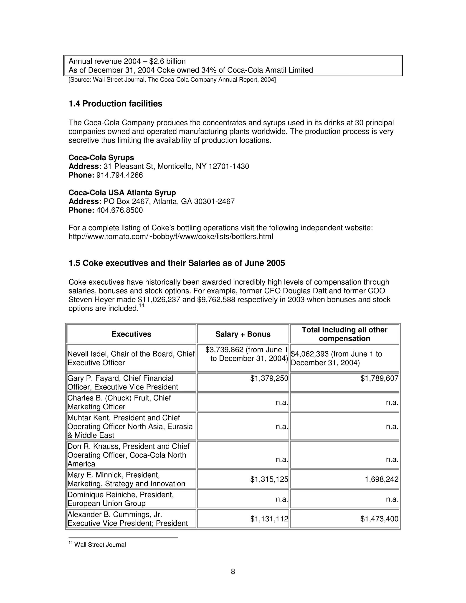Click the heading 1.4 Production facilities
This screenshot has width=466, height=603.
(115, 104)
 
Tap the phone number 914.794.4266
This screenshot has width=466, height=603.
(119, 175)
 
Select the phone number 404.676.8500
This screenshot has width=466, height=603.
(119, 210)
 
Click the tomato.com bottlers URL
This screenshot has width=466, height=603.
(171, 237)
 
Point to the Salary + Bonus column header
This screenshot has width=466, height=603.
(243, 334)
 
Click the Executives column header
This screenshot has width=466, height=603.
(132, 334)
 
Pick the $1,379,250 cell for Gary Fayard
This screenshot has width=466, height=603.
(269, 378)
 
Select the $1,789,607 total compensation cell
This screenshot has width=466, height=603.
(379, 378)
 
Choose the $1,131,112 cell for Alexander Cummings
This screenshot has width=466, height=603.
(269, 519)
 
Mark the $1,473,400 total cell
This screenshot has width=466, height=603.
(379, 519)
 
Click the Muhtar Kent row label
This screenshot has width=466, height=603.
(130, 427)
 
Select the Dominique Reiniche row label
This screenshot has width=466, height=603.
(121, 499)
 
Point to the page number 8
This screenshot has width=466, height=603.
(233, 572)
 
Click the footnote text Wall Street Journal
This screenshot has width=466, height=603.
(100, 545)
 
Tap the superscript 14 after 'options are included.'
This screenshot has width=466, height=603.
(141, 305)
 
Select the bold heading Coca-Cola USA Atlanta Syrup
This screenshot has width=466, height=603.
(122, 193)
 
